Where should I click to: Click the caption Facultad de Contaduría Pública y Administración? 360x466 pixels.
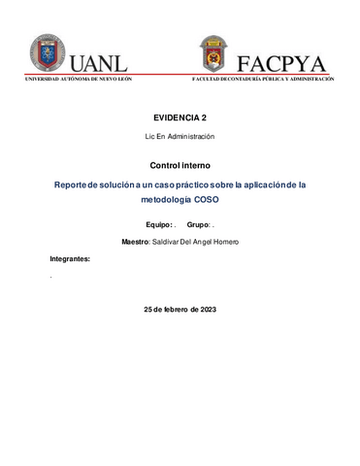pos(263,80)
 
